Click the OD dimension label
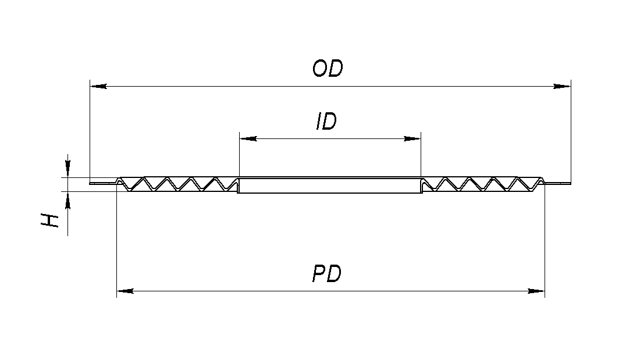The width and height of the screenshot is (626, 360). point(328,69)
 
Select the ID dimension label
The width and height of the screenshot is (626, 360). point(326,122)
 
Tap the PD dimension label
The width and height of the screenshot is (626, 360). point(326,273)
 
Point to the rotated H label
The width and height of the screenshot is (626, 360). point(51,220)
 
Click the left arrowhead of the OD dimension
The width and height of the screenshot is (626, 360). point(98,87)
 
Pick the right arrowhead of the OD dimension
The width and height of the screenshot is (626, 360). point(562,87)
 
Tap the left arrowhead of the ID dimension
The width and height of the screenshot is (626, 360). point(248,139)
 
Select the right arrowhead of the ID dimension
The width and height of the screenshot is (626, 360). point(412,139)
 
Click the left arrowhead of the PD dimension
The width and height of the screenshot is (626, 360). point(125,290)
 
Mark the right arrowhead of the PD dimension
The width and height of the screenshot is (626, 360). point(536,290)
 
